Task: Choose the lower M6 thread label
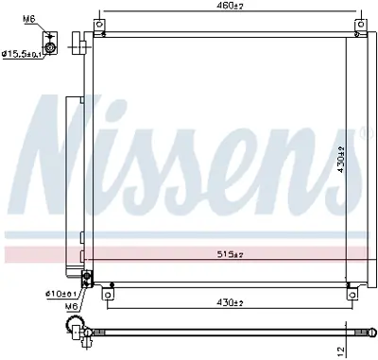73,305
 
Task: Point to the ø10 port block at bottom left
88,278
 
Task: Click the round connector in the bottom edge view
75,329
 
